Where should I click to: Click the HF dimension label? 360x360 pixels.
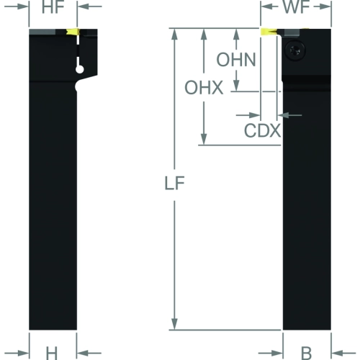click(53, 7)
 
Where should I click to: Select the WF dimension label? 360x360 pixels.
click(296, 7)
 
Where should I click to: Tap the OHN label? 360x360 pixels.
click(236, 60)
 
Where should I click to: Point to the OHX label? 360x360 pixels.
click(204, 88)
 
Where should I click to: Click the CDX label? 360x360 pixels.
click(262, 131)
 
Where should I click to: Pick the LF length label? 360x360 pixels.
click(174, 184)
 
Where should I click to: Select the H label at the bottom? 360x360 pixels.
click(52, 354)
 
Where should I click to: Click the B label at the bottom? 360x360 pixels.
click(306, 354)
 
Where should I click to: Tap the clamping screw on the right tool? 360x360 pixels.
click(295, 50)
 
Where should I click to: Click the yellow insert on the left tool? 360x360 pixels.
click(73, 32)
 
